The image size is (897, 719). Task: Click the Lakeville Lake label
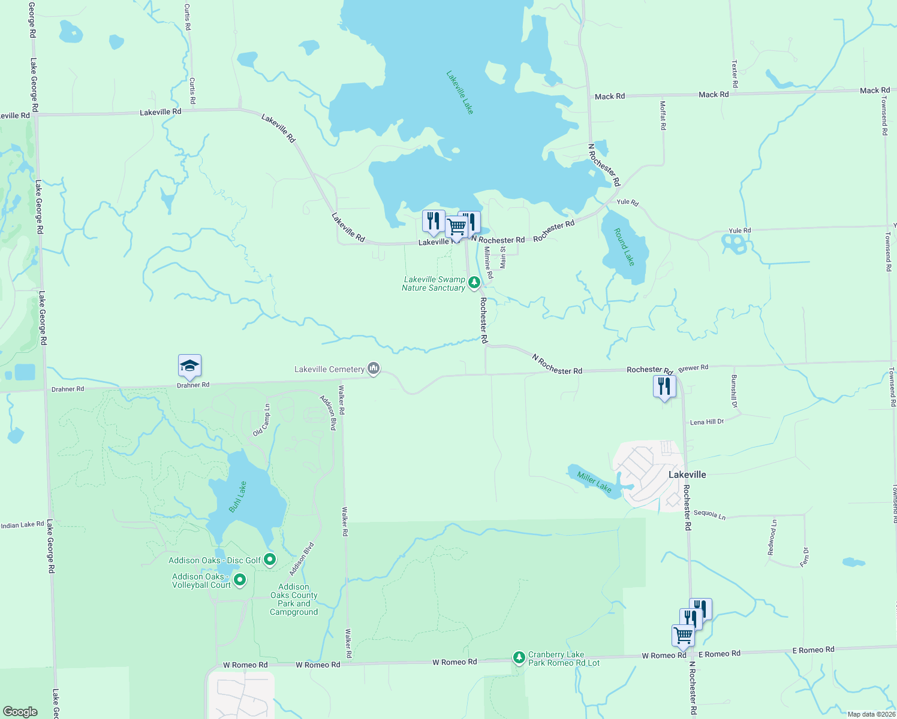pyautogui.click(x=460, y=92)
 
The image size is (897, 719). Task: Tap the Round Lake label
pyautogui.click(x=624, y=246)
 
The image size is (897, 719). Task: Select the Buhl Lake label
pyautogui.click(x=238, y=497)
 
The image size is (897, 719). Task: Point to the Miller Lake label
pyautogui.click(x=594, y=482)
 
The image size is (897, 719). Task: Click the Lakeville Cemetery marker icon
pyautogui.click(x=374, y=368)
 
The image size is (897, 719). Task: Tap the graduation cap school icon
pyautogui.click(x=189, y=366)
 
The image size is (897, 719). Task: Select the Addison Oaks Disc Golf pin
pyautogui.click(x=270, y=560)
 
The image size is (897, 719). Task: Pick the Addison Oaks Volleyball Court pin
pyautogui.click(x=240, y=579)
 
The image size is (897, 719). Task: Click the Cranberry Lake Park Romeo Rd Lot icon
pyautogui.click(x=519, y=658)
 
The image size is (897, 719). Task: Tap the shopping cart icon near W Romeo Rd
pyautogui.click(x=683, y=636)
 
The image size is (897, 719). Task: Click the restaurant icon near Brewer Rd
pyautogui.click(x=664, y=386)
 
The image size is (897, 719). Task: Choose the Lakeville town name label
pyautogui.click(x=687, y=475)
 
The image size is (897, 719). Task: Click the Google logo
pyautogui.click(x=20, y=711)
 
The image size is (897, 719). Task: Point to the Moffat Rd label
pyautogui.click(x=663, y=115)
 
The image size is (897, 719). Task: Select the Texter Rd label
pyautogui.click(x=735, y=74)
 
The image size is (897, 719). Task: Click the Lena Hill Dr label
pyautogui.click(x=707, y=422)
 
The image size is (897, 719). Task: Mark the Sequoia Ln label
pyautogui.click(x=709, y=514)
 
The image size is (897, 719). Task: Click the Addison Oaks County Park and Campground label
pyautogui.click(x=294, y=599)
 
